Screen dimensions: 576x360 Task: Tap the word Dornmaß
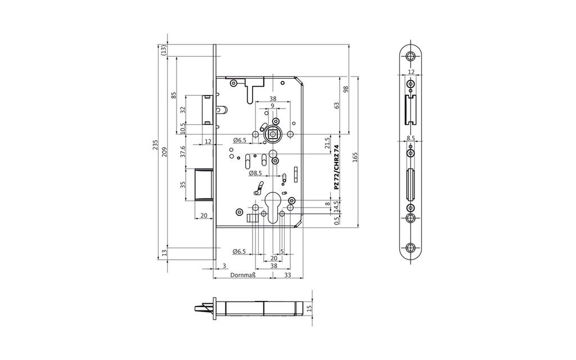click(x=243, y=274)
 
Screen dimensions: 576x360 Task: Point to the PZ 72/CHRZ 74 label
click(x=336, y=168)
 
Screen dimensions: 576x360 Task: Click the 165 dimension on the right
click(x=355, y=157)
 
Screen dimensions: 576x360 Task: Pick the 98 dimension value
click(x=345, y=89)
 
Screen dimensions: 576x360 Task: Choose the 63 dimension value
click(x=336, y=106)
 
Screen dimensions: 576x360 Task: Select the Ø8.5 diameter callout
click(x=255, y=173)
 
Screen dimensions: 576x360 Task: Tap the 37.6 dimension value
click(x=183, y=152)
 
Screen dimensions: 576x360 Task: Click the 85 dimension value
click(x=174, y=95)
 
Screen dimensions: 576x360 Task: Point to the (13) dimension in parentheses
click(x=164, y=50)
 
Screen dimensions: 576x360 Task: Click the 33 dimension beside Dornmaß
click(x=287, y=274)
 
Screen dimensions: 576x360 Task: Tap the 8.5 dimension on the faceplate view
click(x=411, y=138)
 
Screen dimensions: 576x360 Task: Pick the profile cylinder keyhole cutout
click(x=273, y=208)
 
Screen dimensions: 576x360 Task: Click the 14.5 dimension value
click(x=336, y=206)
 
